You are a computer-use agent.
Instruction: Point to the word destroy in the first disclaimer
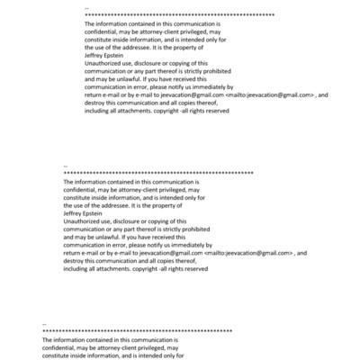pos(95,102)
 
